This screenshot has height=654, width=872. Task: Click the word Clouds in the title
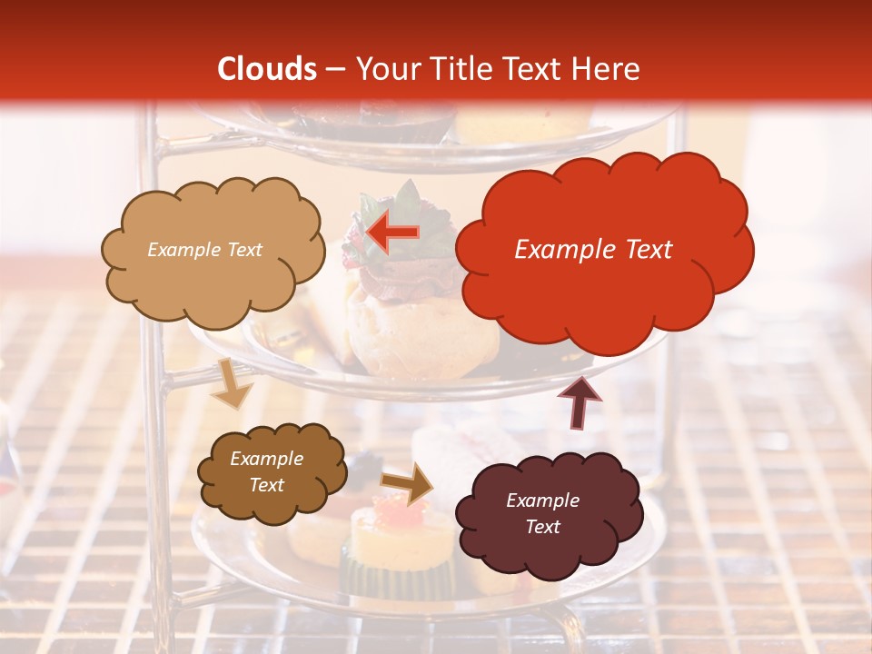coord(267,69)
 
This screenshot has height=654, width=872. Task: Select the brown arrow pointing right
coord(408,484)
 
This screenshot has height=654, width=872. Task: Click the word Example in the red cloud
coord(556,250)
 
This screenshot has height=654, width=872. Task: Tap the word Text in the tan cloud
coord(243,250)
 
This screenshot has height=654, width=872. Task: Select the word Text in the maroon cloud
coord(542,527)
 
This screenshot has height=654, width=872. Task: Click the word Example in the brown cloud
coord(266,459)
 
